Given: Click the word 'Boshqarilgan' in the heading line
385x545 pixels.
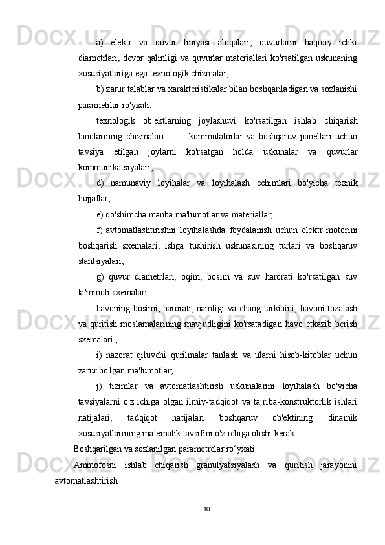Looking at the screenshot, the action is (x=99, y=448).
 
